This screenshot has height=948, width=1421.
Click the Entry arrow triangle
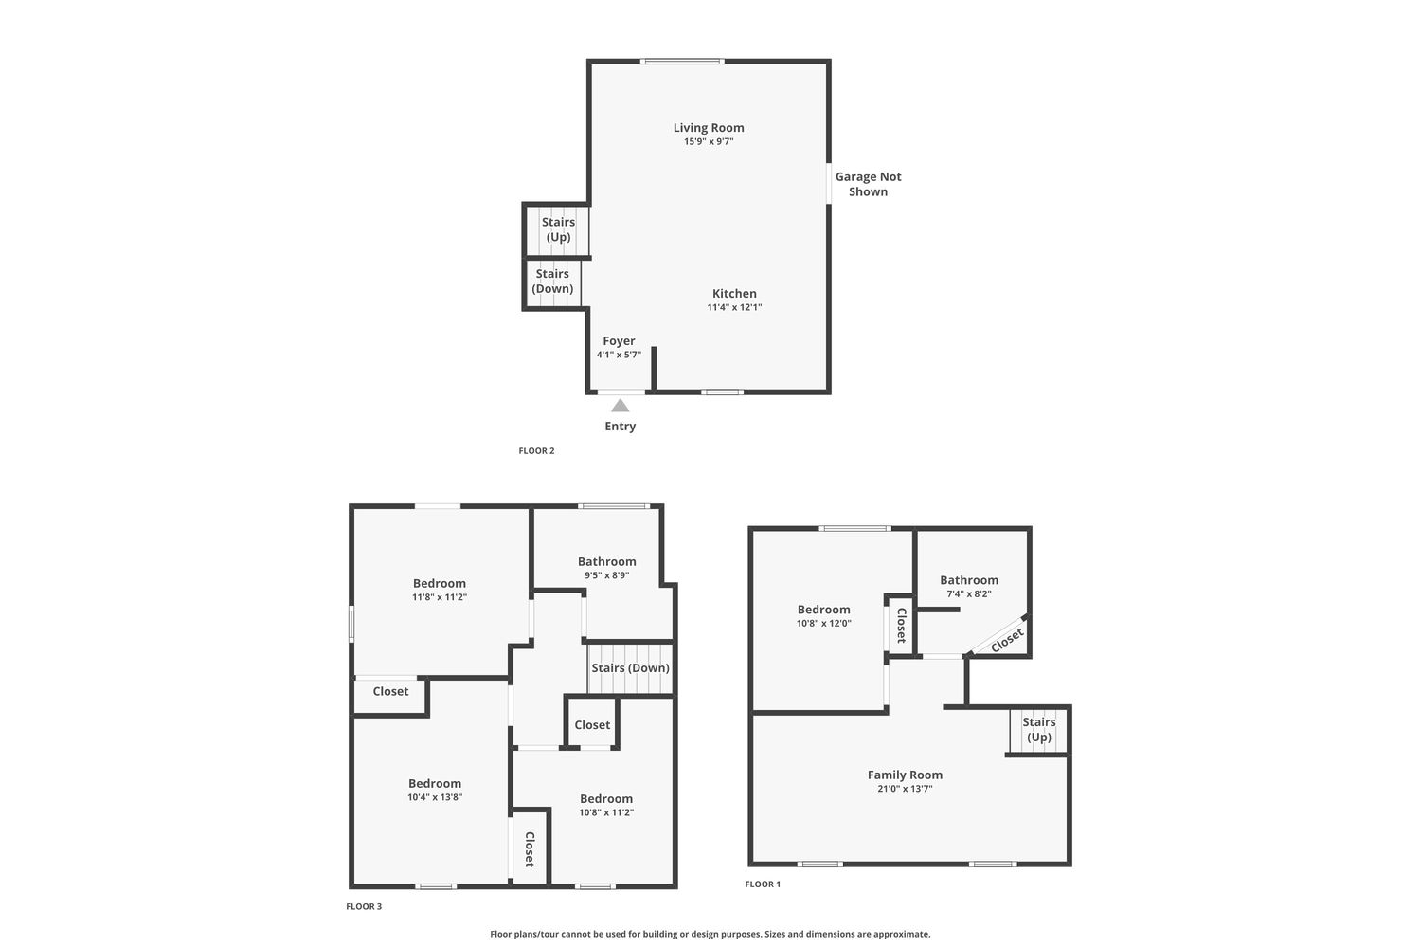[620, 405]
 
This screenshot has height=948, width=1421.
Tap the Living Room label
[709, 128]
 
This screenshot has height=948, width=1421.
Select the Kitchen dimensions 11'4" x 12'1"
[734, 307]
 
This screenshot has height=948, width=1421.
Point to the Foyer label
[619, 341]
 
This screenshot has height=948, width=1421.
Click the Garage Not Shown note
[868, 184]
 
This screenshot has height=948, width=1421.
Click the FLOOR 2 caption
[537, 451]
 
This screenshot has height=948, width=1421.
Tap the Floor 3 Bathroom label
[606, 561]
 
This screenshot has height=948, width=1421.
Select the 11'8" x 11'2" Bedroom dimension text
[440, 597]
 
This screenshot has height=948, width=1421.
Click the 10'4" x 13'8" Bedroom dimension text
[435, 797]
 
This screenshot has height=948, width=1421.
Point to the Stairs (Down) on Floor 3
[631, 668]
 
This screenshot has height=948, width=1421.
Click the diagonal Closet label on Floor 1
[1007, 640]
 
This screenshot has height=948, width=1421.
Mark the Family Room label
[905, 775]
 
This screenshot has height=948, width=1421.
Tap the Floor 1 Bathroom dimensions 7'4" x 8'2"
[969, 593]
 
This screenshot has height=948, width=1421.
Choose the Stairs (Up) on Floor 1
[1039, 730]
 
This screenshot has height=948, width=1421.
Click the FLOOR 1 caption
[763, 884]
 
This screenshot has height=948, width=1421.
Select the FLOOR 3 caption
[364, 906]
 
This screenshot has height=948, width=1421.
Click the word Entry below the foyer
[620, 426]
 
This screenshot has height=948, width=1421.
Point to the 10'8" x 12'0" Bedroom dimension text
[823, 623]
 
